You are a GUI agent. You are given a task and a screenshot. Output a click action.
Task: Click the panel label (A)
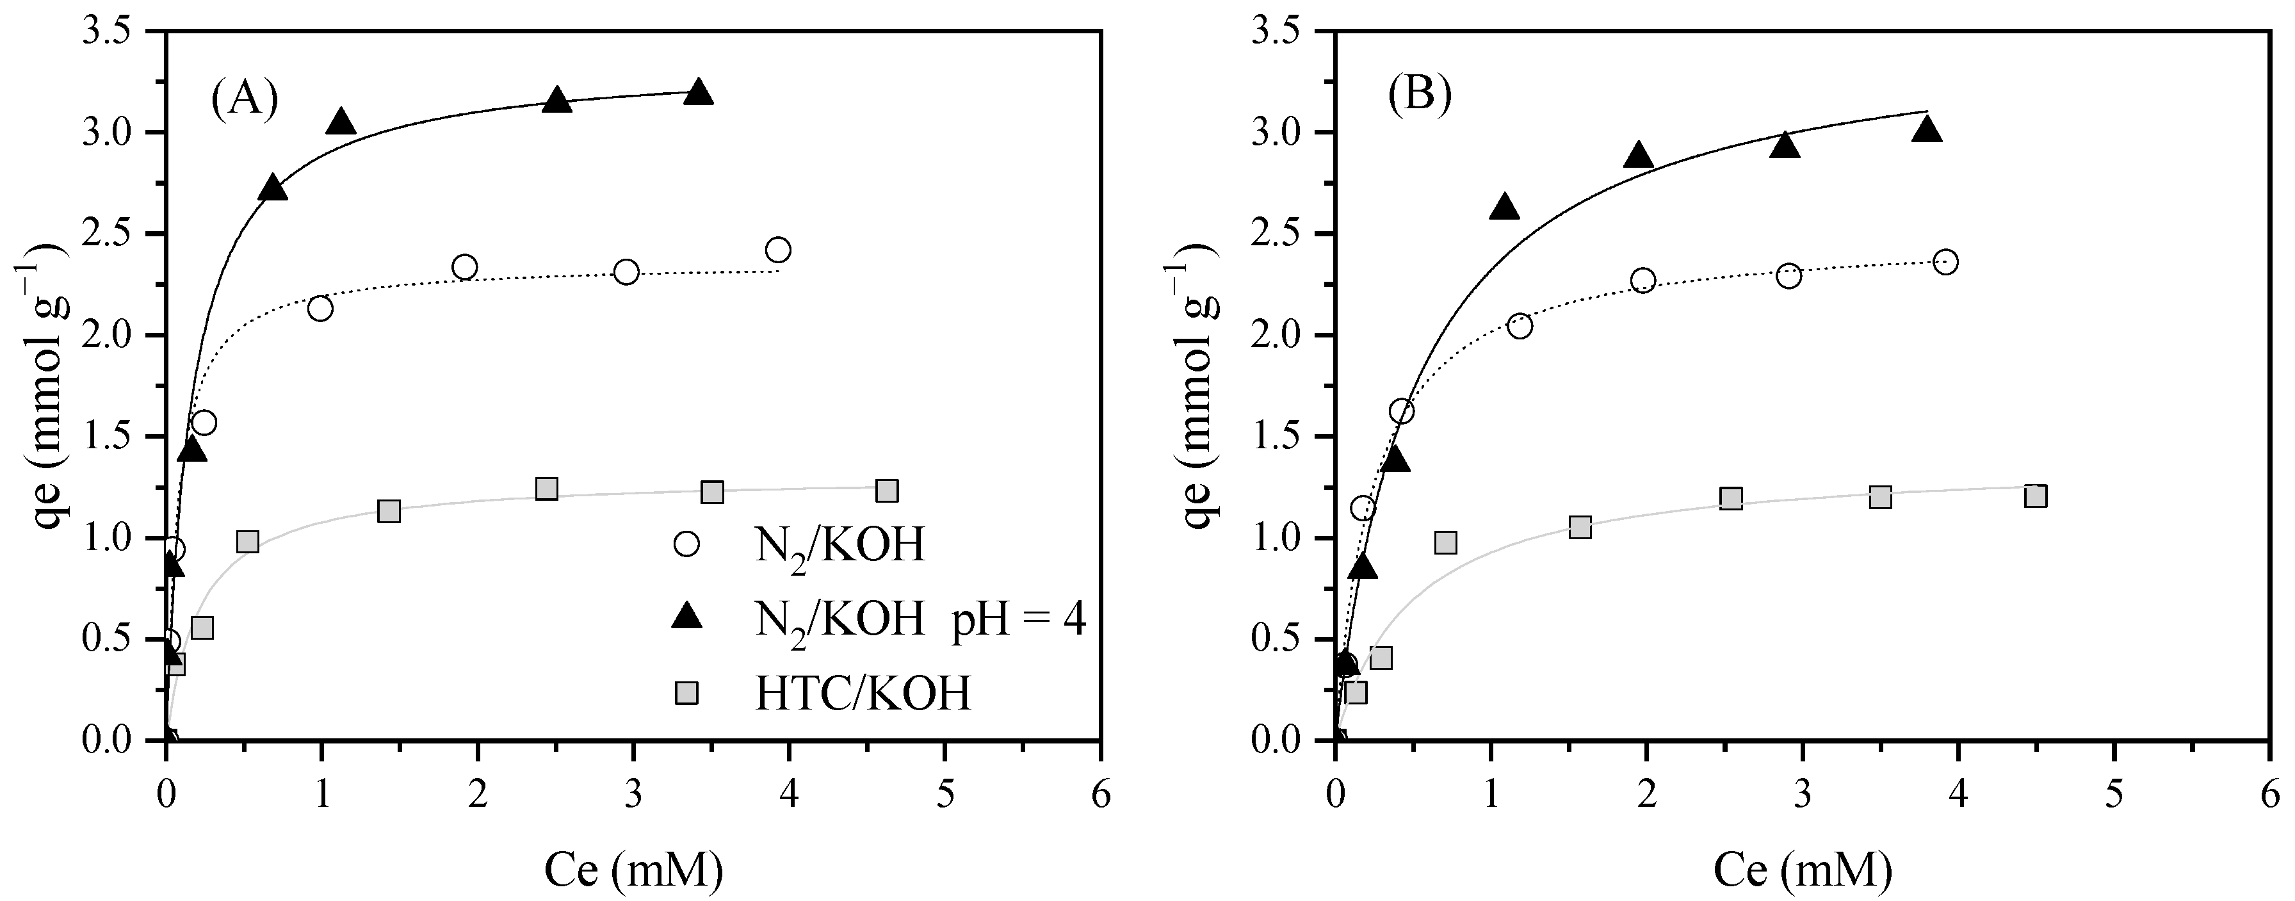pos(244,98)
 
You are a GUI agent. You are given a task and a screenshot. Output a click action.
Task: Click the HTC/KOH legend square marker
pos(687,692)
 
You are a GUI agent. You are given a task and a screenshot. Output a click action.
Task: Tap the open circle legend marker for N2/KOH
pos(687,544)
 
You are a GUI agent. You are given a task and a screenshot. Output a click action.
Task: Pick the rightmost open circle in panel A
pos(778,250)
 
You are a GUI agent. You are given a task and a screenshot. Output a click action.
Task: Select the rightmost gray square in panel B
pos(2036,496)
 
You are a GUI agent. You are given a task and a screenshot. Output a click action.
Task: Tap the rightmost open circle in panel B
pos(1946,262)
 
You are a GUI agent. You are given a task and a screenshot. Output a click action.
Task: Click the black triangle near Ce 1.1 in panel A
pos(341,123)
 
